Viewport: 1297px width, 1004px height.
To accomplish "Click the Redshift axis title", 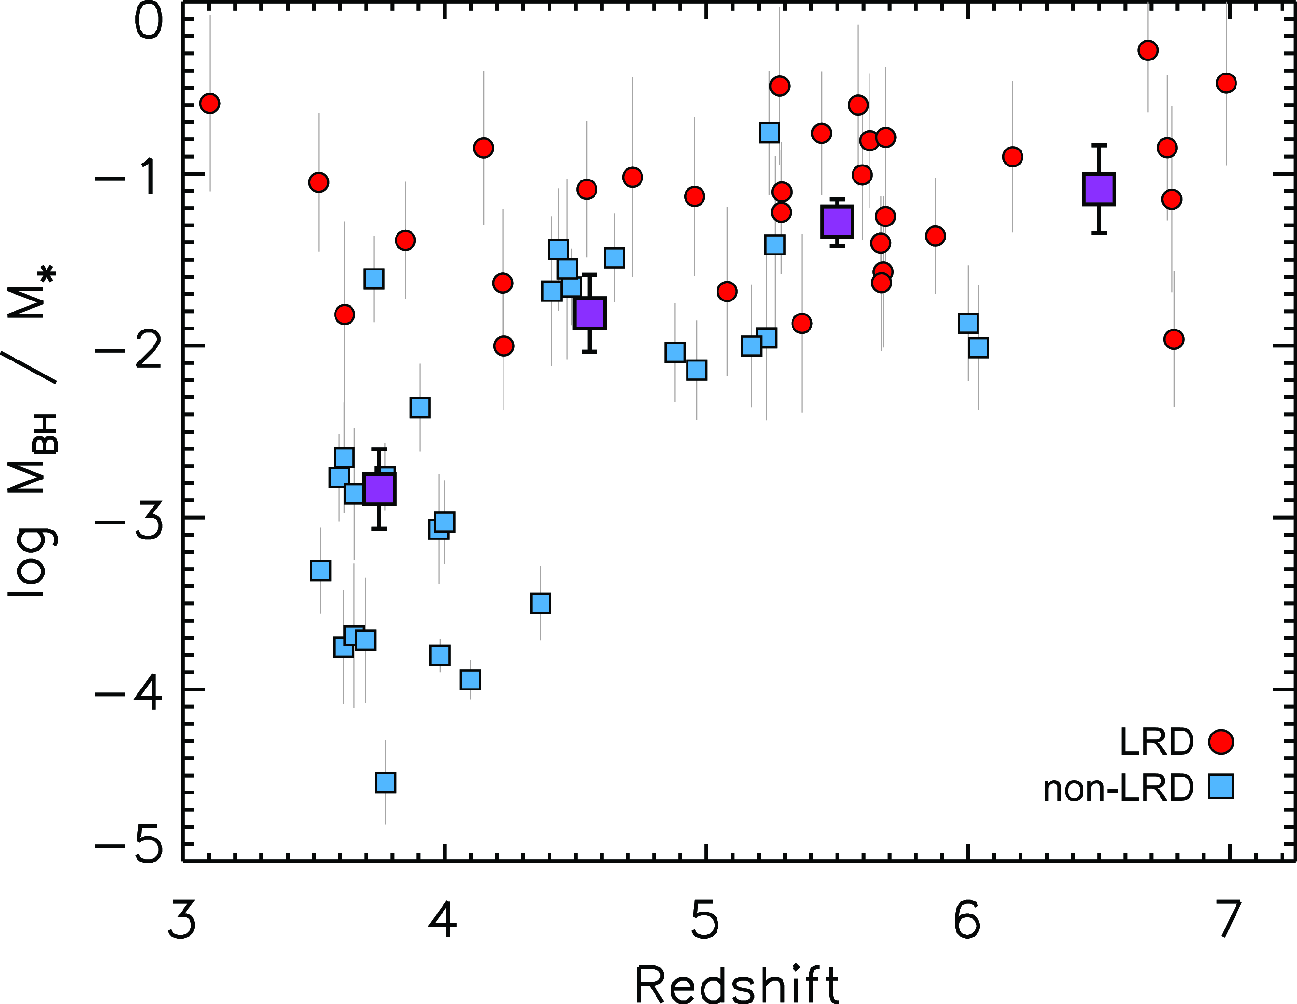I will [736, 982].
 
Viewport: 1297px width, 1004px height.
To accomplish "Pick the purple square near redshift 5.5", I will [838, 221].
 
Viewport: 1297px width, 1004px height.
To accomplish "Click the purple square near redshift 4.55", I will [589, 314].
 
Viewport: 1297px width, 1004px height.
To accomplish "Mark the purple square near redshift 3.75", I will [379, 489].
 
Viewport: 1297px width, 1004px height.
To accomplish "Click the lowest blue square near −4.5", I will [385, 783].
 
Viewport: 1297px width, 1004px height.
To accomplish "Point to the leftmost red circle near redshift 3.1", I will [210, 103].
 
